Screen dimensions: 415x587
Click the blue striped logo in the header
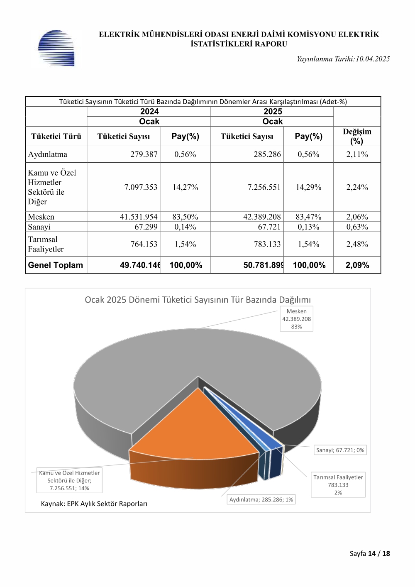56,48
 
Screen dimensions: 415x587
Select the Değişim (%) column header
357,136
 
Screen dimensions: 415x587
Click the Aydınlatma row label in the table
47,154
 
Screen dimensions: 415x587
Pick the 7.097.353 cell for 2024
141,187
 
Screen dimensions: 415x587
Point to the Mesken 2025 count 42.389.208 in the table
262,217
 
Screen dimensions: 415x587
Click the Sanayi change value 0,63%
357,227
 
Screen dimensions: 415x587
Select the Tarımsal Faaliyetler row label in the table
46,244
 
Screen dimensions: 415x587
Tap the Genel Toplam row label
55,265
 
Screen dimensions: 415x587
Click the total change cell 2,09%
357,265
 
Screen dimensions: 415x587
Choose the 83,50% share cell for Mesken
185,217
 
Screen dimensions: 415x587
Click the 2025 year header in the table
273,111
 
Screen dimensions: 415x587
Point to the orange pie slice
194,430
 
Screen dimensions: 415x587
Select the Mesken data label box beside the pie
296,319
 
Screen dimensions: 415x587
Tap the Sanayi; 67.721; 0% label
340,450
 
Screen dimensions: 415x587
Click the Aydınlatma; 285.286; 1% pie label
261,499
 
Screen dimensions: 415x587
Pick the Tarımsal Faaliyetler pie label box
338,485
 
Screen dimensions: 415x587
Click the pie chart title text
198,300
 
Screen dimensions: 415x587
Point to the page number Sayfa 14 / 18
370,553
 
